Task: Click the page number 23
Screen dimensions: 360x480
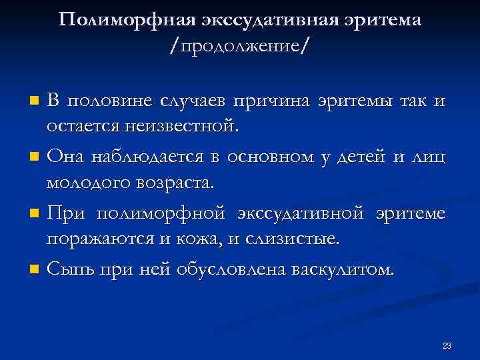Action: pos(447,345)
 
